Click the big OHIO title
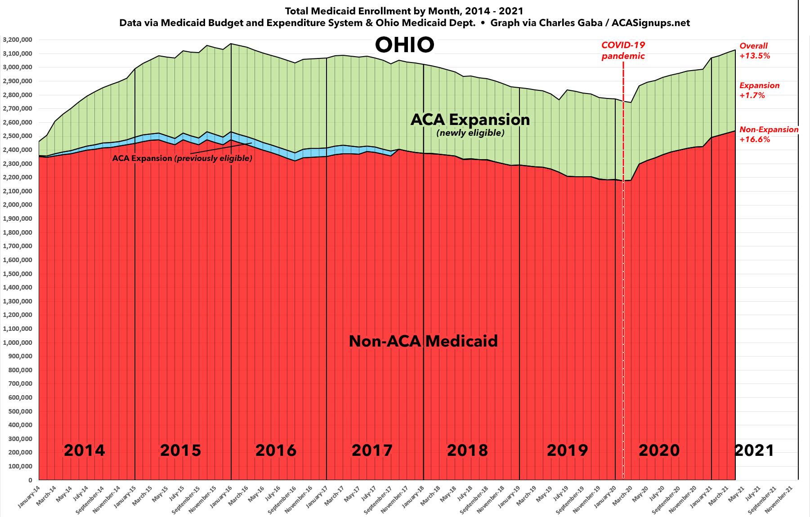tap(404, 45)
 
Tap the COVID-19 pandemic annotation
tap(623, 50)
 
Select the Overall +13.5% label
tap(755, 51)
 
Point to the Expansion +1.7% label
tap(759, 90)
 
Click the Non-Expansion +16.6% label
tap(769, 134)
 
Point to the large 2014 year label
tap(84, 450)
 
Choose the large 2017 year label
tap(372, 450)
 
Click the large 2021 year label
tap(754, 450)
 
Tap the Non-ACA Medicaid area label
tap(423, 341)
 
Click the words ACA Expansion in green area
tap(470, 120)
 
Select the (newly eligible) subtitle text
tap(470, 133)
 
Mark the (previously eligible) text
tap(214, 158)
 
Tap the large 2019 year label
tap(567, 450)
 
